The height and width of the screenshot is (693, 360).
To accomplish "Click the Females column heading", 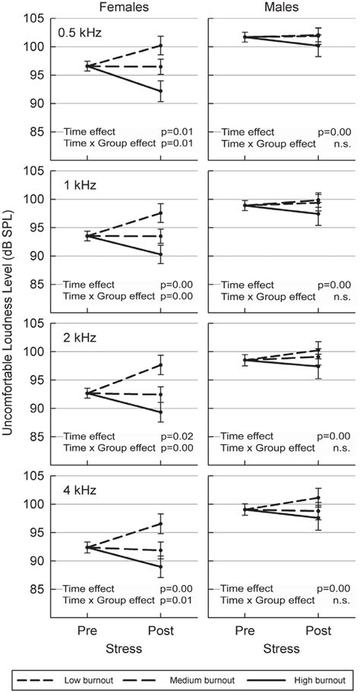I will coord(126,8).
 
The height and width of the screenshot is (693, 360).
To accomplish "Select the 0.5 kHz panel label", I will coord(81,33).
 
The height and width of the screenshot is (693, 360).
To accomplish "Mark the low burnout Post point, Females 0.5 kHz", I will coord(160,45).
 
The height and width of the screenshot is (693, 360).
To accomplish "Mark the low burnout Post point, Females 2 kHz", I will coord(160,365).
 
